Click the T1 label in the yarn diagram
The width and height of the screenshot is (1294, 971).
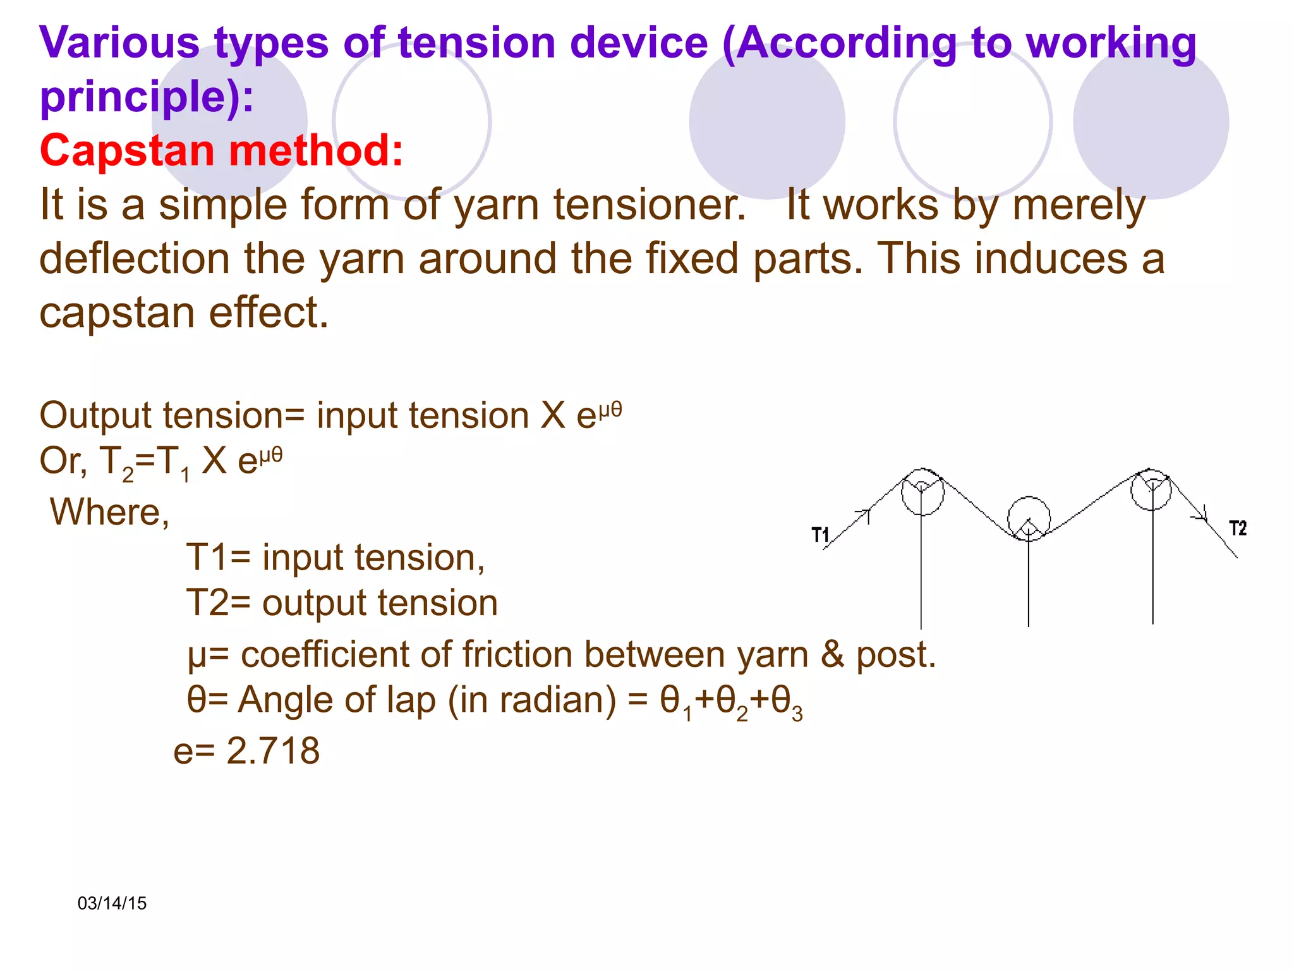click(820, 535)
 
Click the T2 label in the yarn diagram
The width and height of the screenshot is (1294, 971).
click(1237, 528)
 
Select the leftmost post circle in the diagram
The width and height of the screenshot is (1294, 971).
click(922, 493)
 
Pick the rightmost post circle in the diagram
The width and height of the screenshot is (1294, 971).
click(1151, 489)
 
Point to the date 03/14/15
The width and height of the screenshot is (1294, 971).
click(112, 903)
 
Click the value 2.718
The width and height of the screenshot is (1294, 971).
click(273, 751)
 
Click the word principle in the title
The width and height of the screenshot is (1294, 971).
click(139, 96)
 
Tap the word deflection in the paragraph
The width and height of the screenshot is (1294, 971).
click(134, 259)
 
